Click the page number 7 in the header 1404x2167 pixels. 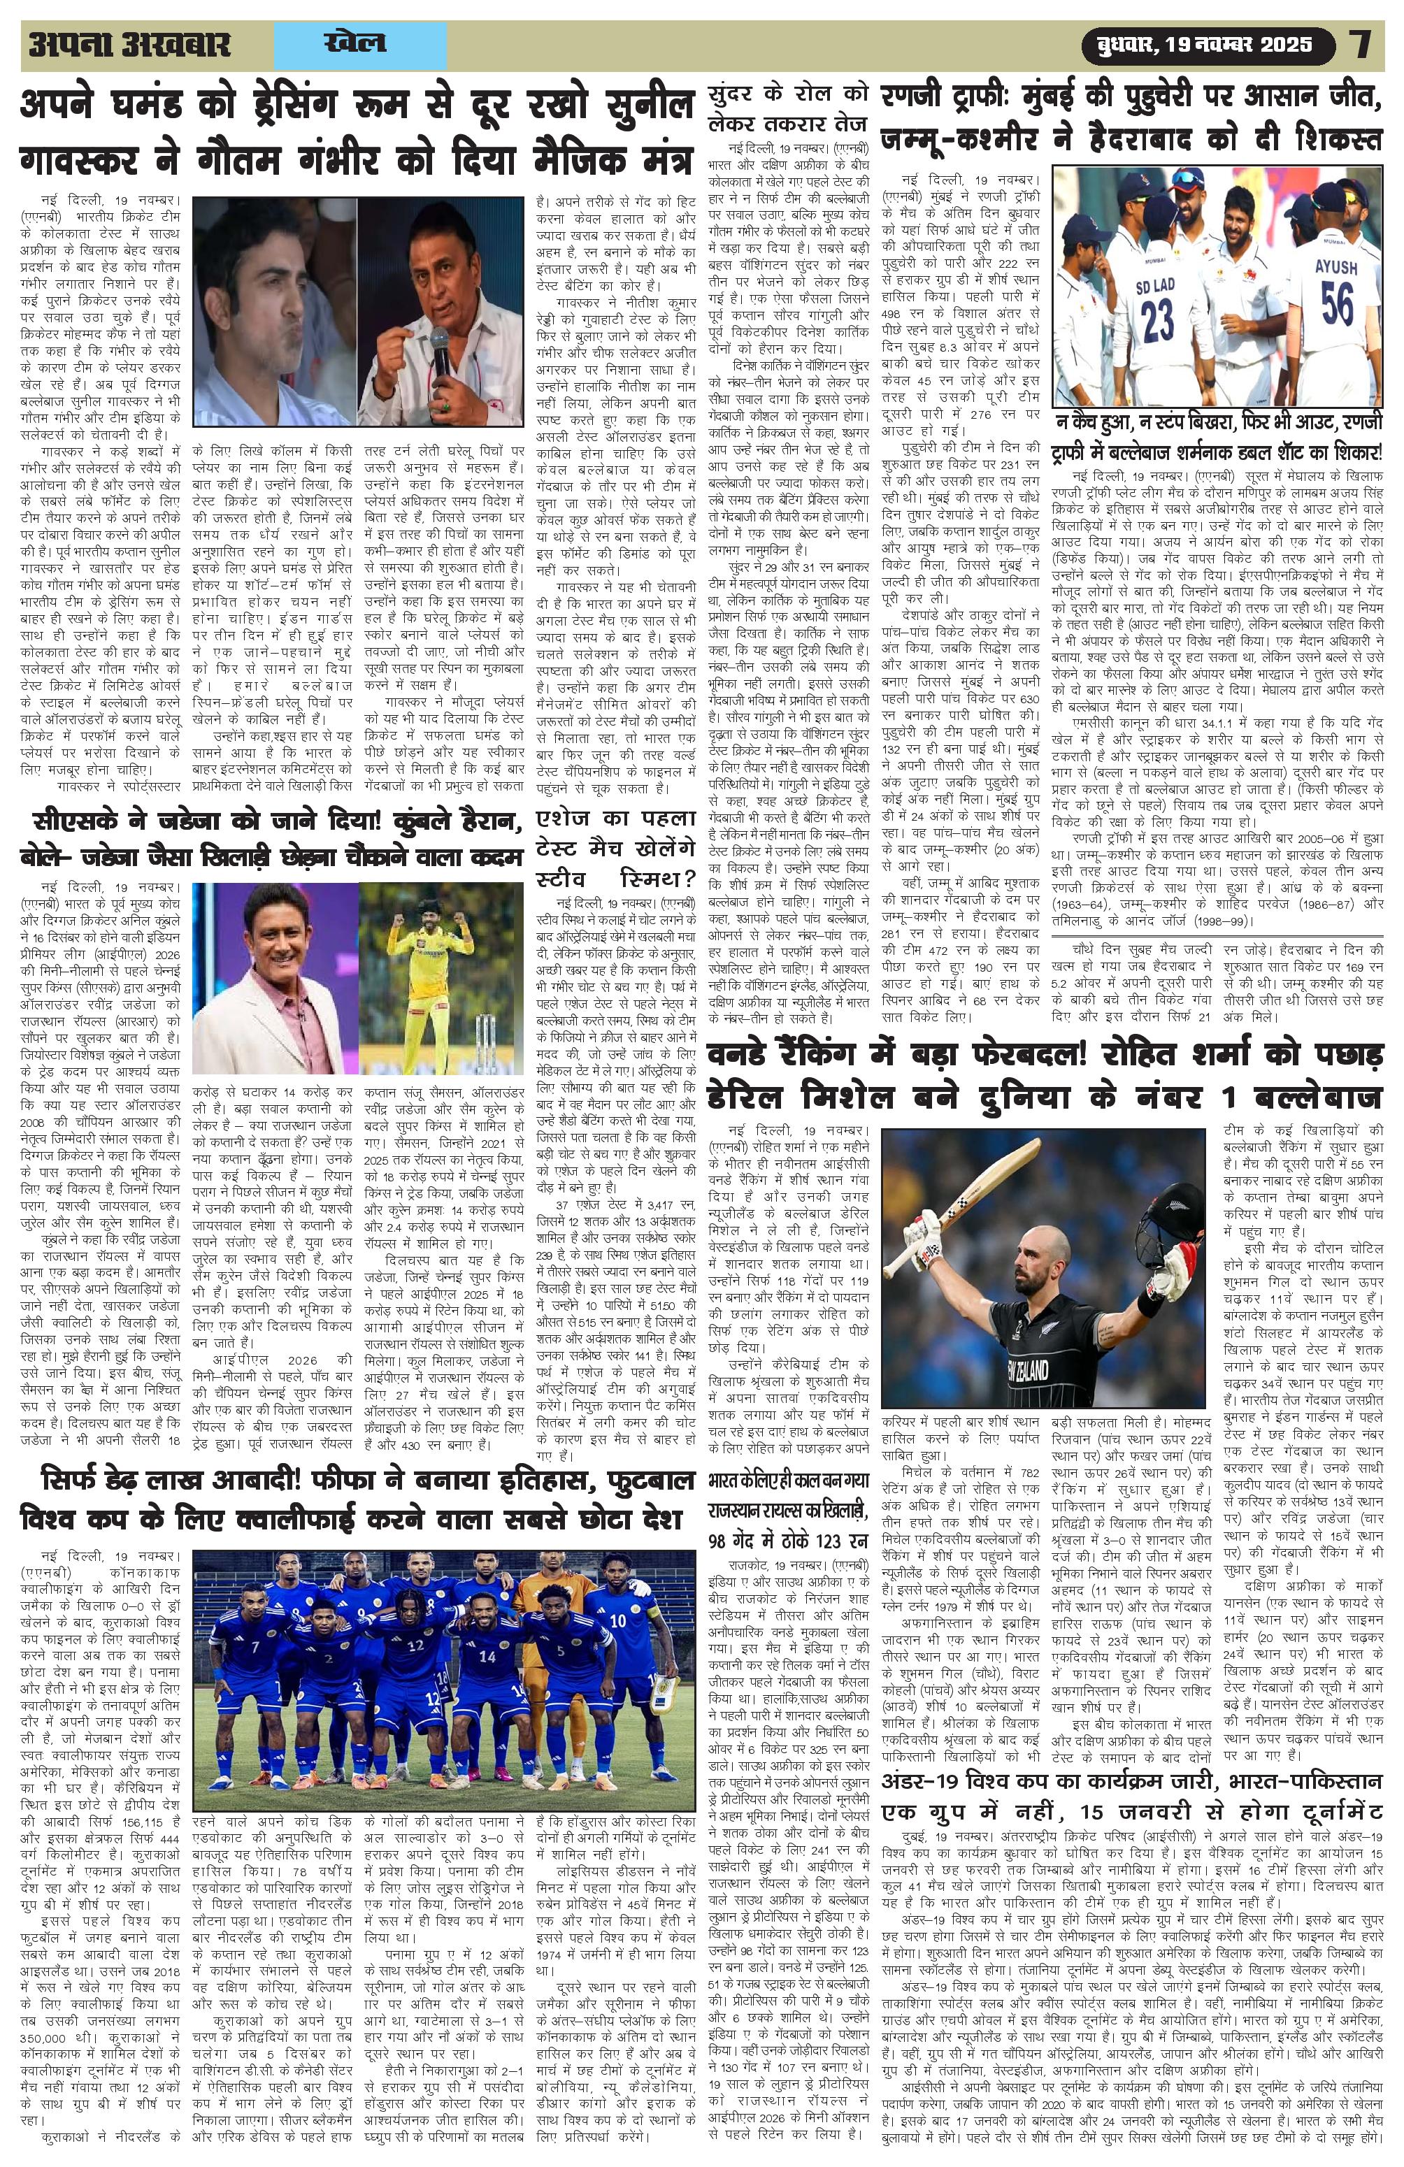point(1361,45)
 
